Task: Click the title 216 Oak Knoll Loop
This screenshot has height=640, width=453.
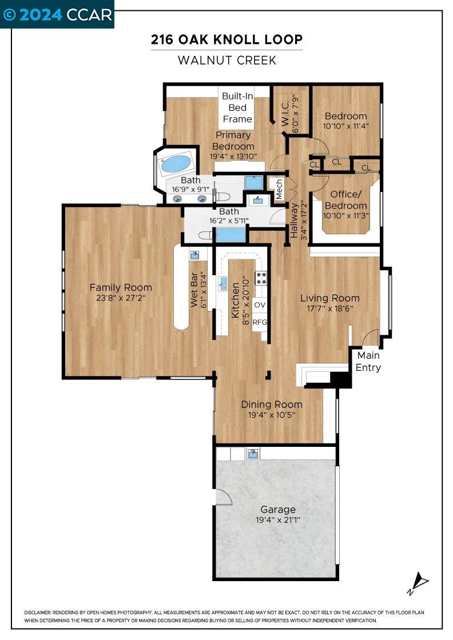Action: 227,39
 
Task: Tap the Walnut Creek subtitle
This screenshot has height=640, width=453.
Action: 227,60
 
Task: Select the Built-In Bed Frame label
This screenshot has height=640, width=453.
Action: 237,107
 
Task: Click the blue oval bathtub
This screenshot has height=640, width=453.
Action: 177,164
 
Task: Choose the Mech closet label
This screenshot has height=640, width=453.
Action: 279,190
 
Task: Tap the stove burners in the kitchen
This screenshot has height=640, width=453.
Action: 261,278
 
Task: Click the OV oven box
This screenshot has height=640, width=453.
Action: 260,305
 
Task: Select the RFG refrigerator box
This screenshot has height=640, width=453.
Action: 260,322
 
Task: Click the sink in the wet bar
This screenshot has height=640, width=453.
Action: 194,255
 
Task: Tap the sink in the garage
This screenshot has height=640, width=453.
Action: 253,454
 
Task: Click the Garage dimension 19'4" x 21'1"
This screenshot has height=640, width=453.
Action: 278,520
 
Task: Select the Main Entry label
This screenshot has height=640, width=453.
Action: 368,361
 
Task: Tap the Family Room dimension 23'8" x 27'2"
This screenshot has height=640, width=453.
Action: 121,298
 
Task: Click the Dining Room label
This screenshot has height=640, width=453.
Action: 272,405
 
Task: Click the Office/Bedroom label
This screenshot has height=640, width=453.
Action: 345,201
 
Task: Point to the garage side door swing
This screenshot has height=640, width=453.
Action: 224,497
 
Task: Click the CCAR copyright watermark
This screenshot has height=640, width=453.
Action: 57,14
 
